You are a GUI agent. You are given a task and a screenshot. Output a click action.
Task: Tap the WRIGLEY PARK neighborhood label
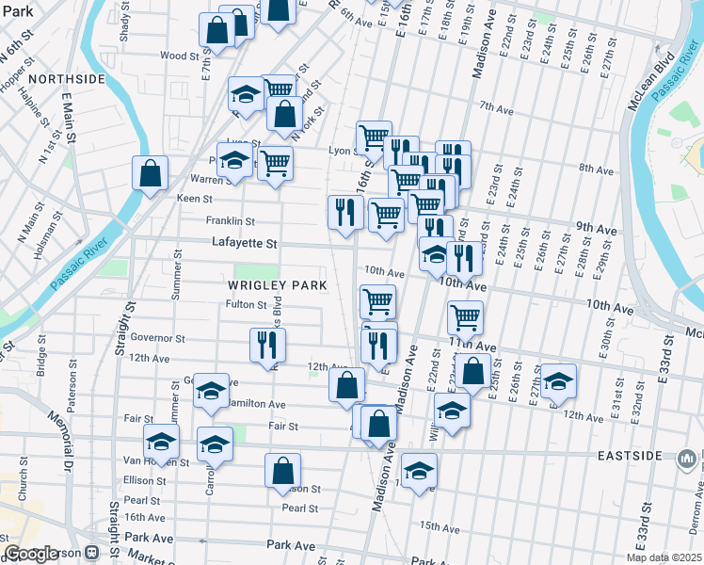(x=278, y=284)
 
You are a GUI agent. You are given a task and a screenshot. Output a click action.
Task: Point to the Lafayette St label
(x=245, y=243)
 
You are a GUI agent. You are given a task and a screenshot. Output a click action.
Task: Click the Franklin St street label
(x=231, y=221)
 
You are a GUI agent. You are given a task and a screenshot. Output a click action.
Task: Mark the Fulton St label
(x=247, y=304)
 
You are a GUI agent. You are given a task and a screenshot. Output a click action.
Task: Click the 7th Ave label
(x=494, y=105)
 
